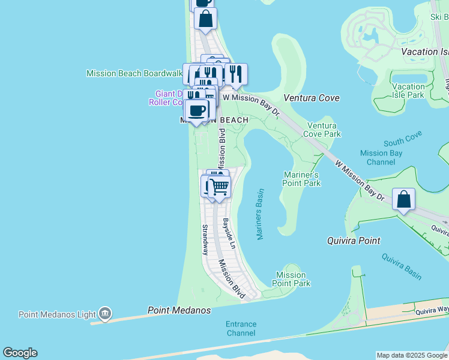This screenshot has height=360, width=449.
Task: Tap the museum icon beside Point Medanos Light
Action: pyautogui.click(x=105, y=313)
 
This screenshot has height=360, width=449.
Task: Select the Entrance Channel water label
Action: pyautogui.click(x=241, y=328)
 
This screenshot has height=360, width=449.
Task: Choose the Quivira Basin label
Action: pyautogui.click(x=402, y=266)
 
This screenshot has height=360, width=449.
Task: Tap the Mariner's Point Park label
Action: pyautogui.click(x=302, y=179)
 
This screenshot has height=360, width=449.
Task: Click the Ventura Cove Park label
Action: pyautogui.click(x=324, y=130)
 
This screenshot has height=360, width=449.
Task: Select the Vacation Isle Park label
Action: pyautogui.click(x=408, y=91)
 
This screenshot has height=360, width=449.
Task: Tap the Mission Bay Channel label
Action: pyautogui.click(x=381, y=157)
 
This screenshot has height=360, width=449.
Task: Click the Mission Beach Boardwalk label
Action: pyautogui.click(x=134, y=73)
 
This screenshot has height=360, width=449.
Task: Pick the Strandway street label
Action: pyautogui.click(x=205, y=240)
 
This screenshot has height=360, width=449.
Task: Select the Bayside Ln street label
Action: pyautogui.click(x=229, y=235)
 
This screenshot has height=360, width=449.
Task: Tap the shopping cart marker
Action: pyautogui.click(x=220, y=187)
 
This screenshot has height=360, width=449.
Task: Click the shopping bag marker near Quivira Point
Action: pyautogui.click(x=404, y=199)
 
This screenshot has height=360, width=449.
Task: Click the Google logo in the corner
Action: pyautogui.click(x=20, y=353)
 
